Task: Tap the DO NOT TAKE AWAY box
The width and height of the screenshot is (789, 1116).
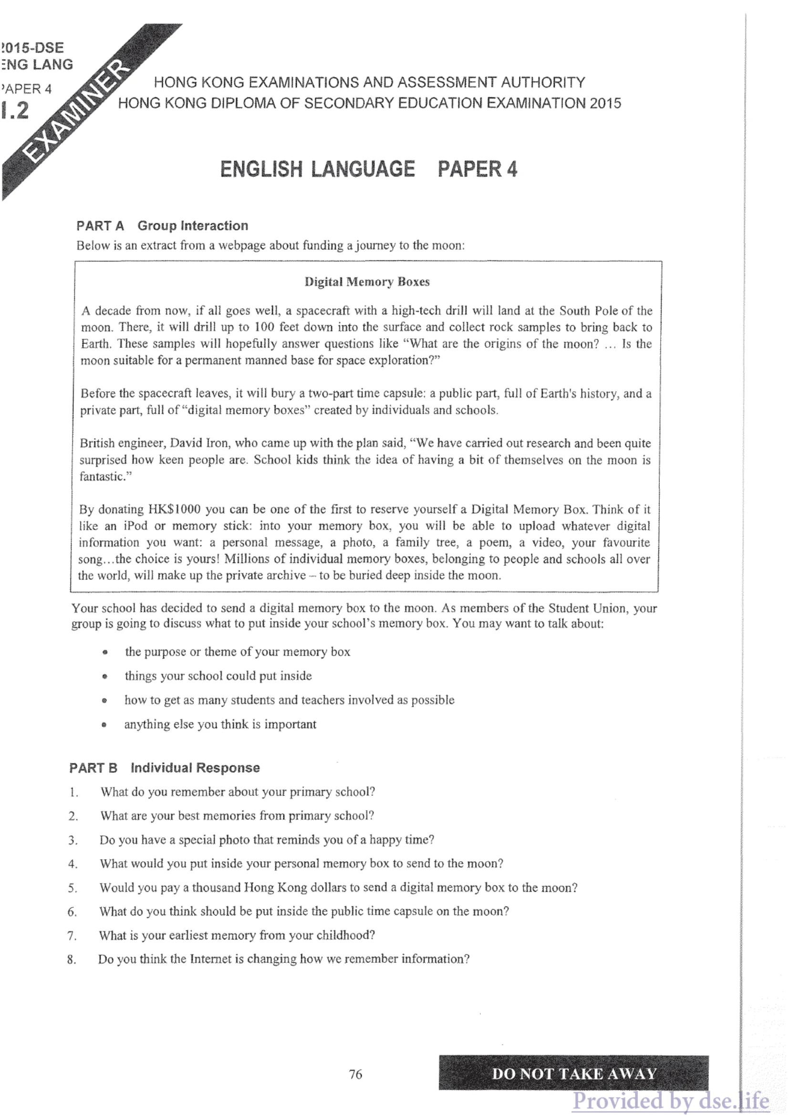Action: (573, 1073)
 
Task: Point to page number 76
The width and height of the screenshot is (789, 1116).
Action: (356, 1074)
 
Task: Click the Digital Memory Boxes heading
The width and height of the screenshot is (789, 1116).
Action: (367, 282)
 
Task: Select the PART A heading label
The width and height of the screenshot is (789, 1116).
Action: (100, 226)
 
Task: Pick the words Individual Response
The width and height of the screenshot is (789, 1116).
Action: (195, 768)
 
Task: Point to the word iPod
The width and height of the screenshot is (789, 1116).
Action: (136, 526)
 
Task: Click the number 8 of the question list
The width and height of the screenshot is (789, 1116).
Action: (72, 960)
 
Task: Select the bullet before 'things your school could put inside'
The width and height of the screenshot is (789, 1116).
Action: (104, 676)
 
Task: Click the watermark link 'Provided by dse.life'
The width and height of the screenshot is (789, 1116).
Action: (670, 1100)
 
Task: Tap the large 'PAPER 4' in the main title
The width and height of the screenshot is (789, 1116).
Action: (477, 169)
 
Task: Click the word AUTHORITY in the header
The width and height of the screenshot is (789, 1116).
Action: (543, 82)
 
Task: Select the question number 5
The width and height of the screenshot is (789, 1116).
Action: (73, 888)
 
